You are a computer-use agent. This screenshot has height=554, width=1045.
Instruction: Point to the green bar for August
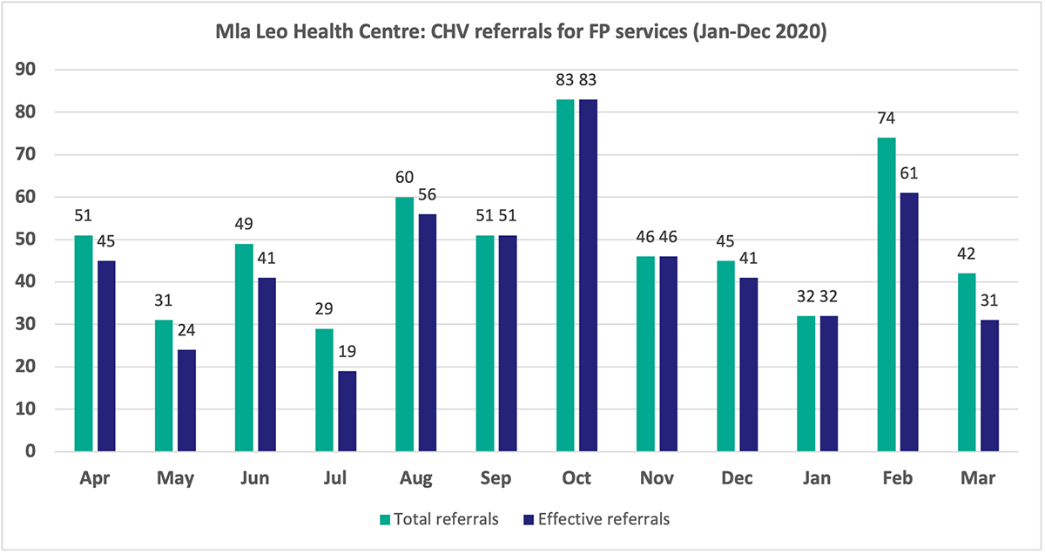(x=404, y=324)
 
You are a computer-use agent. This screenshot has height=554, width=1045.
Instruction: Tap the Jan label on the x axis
(x=817, y=479)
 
